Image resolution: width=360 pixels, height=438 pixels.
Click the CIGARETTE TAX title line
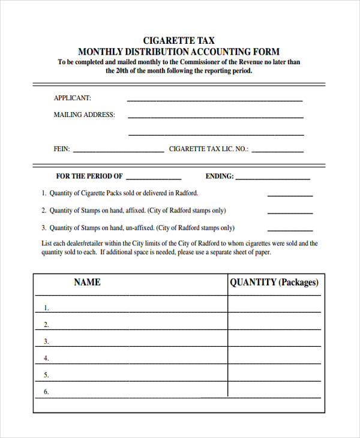click(179, 41)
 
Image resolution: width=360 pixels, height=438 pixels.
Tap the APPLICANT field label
click(73, 98)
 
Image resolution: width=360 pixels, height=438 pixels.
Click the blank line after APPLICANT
click(215, 100)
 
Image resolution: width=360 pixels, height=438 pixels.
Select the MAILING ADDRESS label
click(84, 115)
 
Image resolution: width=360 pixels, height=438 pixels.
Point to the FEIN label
click(62, 149)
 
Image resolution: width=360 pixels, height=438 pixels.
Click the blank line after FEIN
click(118, 151)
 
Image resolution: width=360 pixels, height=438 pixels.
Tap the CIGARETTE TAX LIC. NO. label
click(208, 149)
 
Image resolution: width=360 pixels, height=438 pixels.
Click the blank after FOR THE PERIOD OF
click(154, 178)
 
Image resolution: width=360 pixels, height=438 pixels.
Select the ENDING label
click(220, 176)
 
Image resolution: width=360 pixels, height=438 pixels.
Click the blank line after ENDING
click(273, 178)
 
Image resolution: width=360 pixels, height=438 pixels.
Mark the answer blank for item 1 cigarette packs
click(290, 195)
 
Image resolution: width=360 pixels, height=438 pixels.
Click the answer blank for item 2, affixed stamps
click(290, 212)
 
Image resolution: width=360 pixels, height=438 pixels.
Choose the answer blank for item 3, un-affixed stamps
click(290, 230)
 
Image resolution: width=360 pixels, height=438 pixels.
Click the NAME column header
click(87, 282)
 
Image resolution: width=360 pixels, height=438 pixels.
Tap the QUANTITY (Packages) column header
click(274, 282)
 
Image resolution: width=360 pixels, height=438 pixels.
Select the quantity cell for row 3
click(274, 341)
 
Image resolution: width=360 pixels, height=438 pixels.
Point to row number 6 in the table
click(46, 392)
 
